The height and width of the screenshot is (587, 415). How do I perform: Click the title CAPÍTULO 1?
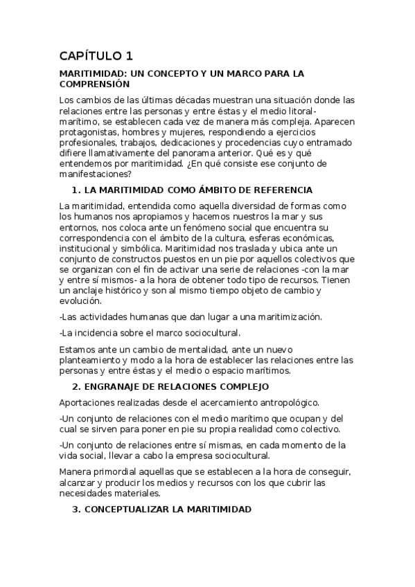(96, 55)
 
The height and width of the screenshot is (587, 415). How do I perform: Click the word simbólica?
(136, 249)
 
